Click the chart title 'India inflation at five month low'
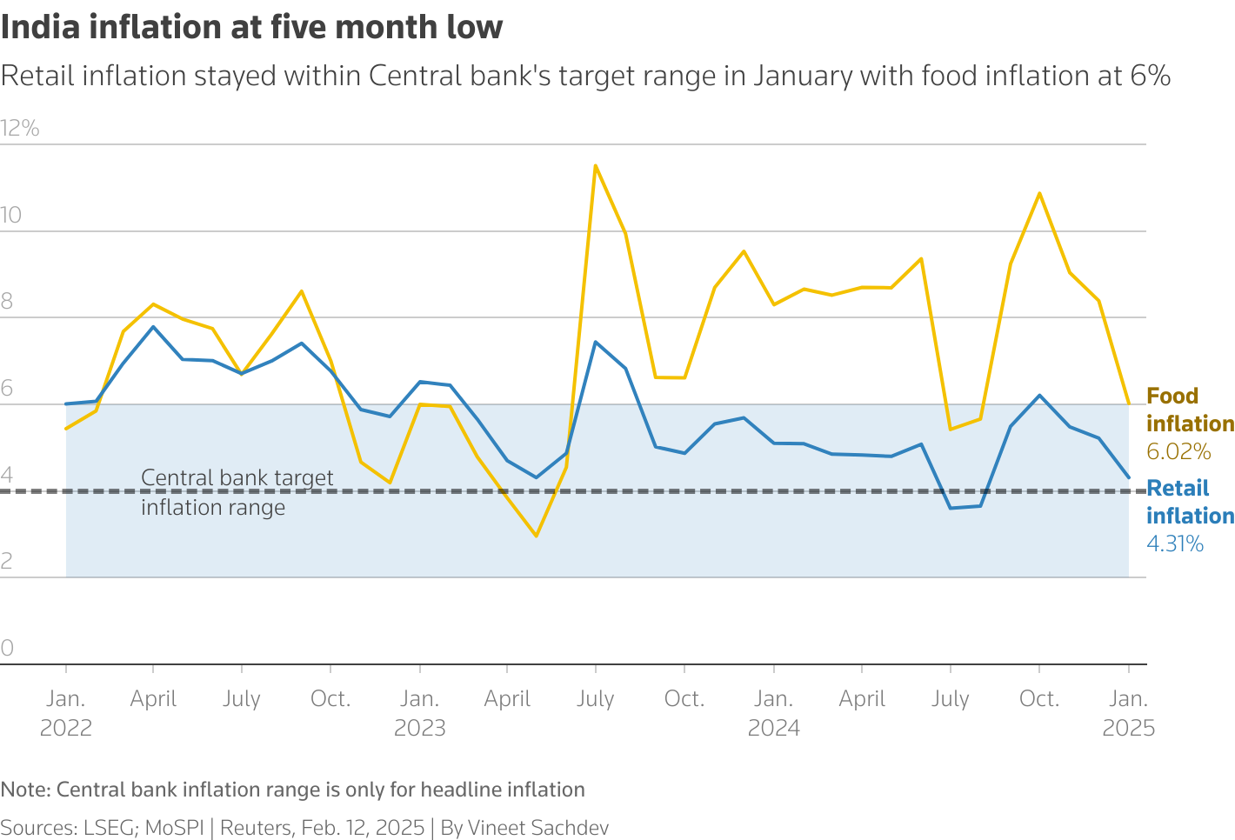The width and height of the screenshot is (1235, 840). pos(251,28)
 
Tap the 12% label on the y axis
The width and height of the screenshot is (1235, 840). pos(20,129)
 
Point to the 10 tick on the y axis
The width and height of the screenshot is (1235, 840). pos(11,216)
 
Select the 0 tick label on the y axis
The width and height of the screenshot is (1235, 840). pos(7,648)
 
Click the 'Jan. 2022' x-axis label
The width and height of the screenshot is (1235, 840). pos(66,713)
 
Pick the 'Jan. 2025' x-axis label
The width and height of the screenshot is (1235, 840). pos(1128,713)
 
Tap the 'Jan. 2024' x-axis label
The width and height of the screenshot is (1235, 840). pos(773,713)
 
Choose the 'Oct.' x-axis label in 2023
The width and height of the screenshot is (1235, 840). pos(684,699)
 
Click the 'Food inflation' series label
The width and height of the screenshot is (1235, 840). pos(1189,410)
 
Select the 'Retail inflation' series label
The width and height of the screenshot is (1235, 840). pos(1189,502)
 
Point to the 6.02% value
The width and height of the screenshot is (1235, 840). pos(1178,451)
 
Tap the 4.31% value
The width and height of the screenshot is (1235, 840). pos(1174,544)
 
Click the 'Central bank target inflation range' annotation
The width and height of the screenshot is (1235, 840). pos(237,492)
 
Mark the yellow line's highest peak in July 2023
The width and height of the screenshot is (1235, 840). pos(595,165)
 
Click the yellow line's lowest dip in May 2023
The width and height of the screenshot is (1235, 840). pos(536,536)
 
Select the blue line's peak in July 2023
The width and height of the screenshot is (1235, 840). pos(595,342)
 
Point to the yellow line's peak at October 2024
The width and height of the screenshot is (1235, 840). pos(1039,193)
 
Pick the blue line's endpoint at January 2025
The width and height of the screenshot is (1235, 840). pos(1128,477)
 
